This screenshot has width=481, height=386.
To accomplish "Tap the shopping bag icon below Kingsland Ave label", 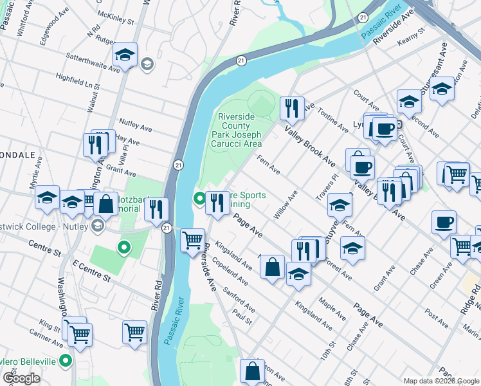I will (273, 267).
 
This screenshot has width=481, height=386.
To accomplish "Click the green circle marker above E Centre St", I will (124, 246).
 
